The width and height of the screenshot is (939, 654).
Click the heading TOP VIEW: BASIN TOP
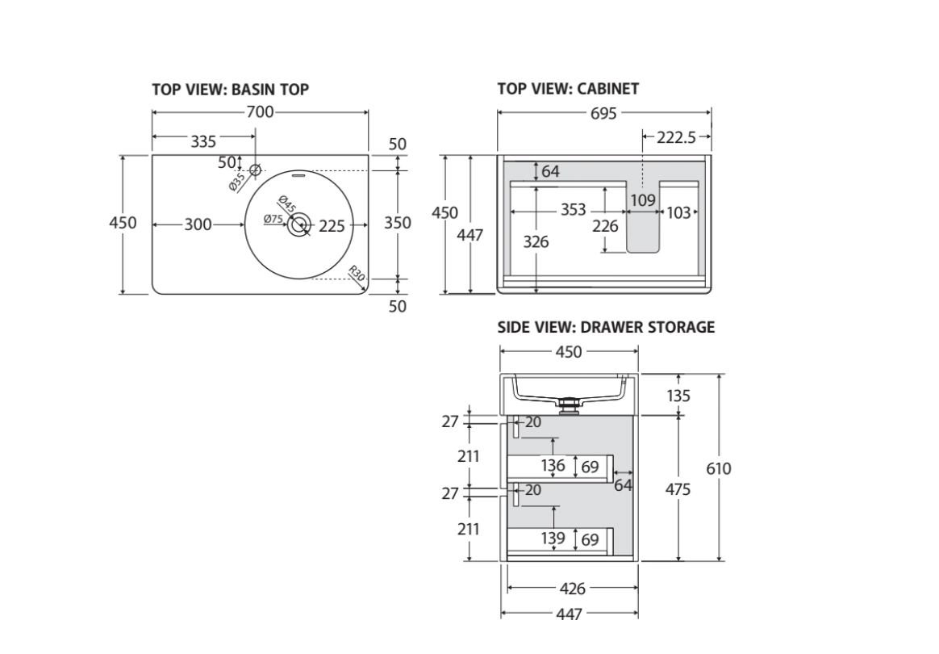pos(230,90)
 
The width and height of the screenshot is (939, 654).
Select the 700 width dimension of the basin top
pos(260,112)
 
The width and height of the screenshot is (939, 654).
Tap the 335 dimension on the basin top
pos(203,141)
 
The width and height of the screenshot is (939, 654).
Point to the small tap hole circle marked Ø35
pos(256,170)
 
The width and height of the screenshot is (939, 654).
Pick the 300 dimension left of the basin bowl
pos(198,224)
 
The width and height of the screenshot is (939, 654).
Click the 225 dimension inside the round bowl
pos(331,226)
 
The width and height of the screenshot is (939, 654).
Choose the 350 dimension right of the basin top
pos(397,223)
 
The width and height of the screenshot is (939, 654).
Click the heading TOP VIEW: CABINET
pos(568,90)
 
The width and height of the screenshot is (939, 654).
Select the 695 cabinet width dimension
pos(603,114)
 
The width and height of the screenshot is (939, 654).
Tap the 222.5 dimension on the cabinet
pos(676,138)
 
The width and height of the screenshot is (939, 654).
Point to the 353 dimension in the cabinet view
pos(573,211)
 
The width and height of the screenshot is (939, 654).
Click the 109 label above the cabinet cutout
pos(643,199)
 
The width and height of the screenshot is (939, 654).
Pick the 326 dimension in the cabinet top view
pos(536,241)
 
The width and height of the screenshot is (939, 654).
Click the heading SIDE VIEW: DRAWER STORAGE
pos(606,327)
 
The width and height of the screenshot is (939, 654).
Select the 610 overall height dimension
pos(718,468)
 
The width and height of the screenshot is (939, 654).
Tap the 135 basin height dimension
pos(678,396)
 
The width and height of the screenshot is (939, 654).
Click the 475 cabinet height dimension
pos(678,489)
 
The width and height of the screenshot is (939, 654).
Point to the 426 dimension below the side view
pos(572,589)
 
